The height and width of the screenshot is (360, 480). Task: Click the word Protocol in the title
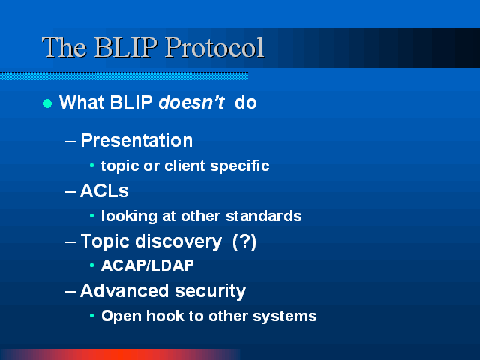(x=214, y=47)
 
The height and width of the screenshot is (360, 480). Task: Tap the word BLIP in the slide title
(x=126, y=47)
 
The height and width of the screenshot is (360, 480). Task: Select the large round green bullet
(x=47, y=103)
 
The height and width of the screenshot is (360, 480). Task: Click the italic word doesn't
(x=192, y=102)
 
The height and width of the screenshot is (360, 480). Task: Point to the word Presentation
(x=136, y=141)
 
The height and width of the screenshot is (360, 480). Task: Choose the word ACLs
(x=104, y=191)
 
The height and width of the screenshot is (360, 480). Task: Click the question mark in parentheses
(x=244, y=241)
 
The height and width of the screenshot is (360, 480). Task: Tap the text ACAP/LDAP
(x=148, y=265)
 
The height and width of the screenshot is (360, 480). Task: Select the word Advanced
(x=124, y=290)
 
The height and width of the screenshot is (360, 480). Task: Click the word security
(x=211, y=291)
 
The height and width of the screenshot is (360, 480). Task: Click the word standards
(x=264, y=216)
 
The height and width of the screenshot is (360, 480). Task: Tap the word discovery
(x=178, y=241)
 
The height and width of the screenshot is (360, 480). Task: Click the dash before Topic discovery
(x=70, y=241)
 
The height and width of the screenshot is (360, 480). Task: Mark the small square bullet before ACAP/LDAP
(x=91, y=265)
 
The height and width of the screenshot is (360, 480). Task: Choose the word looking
(x=129, y=217)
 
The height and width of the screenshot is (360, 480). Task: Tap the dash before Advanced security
(x=70, y=292)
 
